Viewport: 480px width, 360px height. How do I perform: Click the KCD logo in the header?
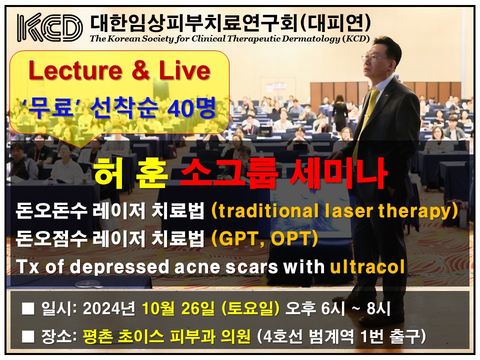[x=49, y=27]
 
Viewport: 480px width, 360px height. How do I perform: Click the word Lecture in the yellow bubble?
[x=75, y=70]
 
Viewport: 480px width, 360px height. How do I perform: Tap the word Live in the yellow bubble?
[x=184, y=70]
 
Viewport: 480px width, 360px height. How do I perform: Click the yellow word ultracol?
[x=367, y=266]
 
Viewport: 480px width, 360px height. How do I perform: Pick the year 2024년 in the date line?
[x=108, y=308]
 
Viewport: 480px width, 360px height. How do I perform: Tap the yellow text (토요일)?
[x=250, y=308]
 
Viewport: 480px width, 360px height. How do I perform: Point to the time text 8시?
[x=378, y=308]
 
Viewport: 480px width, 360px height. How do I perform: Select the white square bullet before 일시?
[x=28, y=308]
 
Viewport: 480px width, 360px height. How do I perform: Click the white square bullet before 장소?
[x=28, y=336]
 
